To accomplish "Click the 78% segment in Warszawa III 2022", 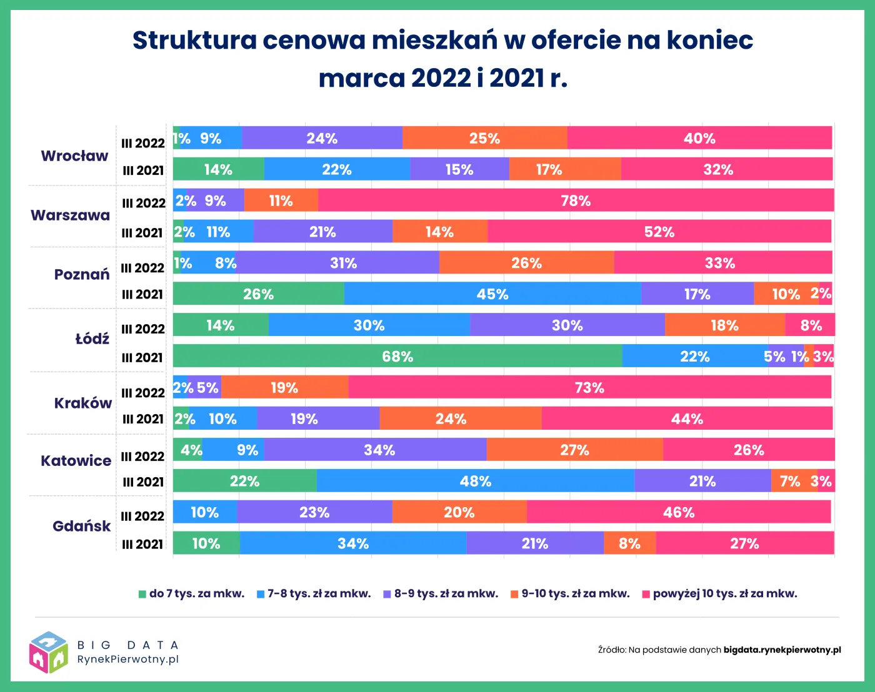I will pos(576,200).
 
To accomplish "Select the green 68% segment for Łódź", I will pos(397,356).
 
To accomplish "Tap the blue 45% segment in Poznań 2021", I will pos(492,294).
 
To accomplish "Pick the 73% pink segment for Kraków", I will pos(589,387).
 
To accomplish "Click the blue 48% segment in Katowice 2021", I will pos(476,481).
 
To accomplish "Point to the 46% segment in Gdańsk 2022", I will pos(679,512).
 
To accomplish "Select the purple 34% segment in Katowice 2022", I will pos(379,450).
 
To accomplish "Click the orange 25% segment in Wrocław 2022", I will pos(484,138).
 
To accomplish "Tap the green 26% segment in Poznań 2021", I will pos(258,294).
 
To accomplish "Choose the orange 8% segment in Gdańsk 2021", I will pos(629,543).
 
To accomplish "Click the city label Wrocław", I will pos(74,156).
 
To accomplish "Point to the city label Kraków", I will pos(82,403).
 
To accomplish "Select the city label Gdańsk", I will pos(81,526).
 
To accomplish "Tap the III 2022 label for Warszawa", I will pos(143,203).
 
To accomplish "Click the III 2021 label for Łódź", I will pos(143,357).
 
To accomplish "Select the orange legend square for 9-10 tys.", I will pos(514,594).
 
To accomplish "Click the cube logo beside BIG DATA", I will pos(48,652).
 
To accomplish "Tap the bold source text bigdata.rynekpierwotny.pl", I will pos(782,650).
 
